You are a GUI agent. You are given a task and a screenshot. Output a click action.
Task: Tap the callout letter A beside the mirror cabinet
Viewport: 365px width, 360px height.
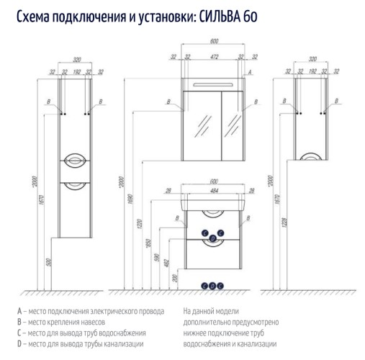(x=248, y=74)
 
